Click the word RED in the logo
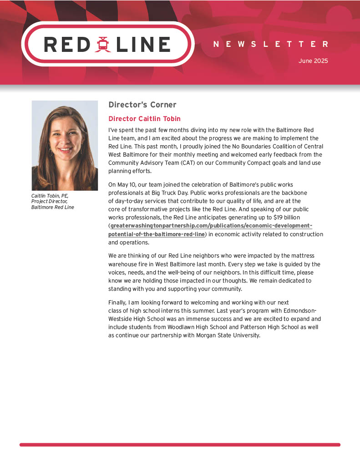[x=67, y=45]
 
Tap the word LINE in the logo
[x=143, y=45]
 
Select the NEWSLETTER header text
[x=270, y=44]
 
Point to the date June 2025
[x=313, y=61]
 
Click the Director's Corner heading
[x=142, y=105]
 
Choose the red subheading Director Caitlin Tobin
[x=144, y=119]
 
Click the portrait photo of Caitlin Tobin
[x=65, y=145]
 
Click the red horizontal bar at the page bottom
[x=180, y=445]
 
